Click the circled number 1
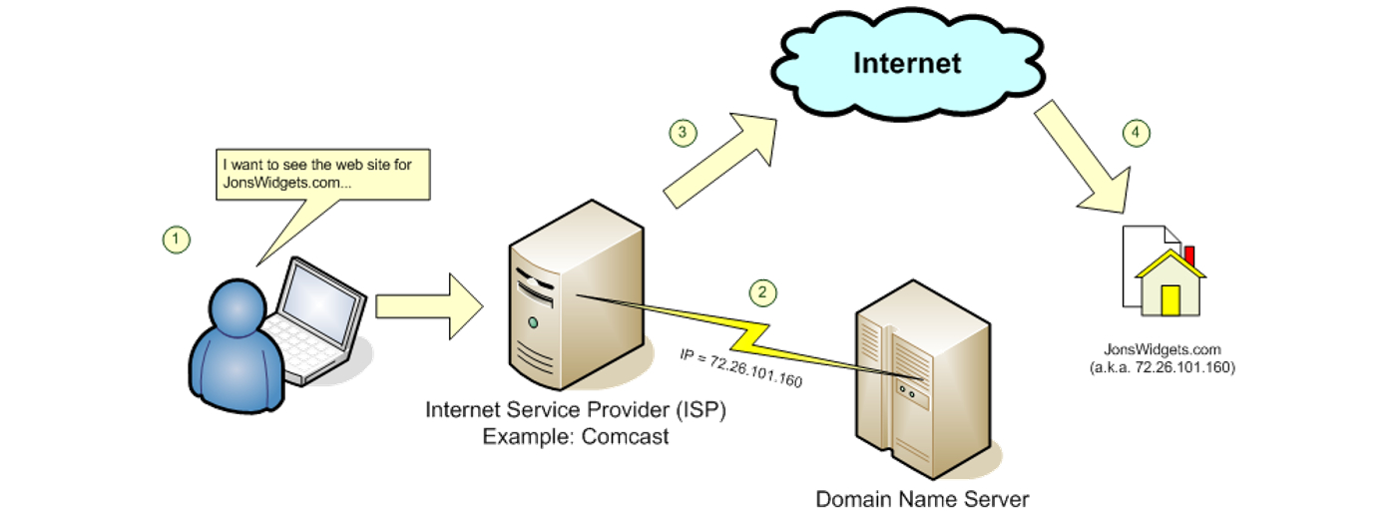click(176, 239)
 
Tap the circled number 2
click(762, 291)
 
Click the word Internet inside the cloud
click(907, 63)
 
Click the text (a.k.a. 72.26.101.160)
click(1163, 368)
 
